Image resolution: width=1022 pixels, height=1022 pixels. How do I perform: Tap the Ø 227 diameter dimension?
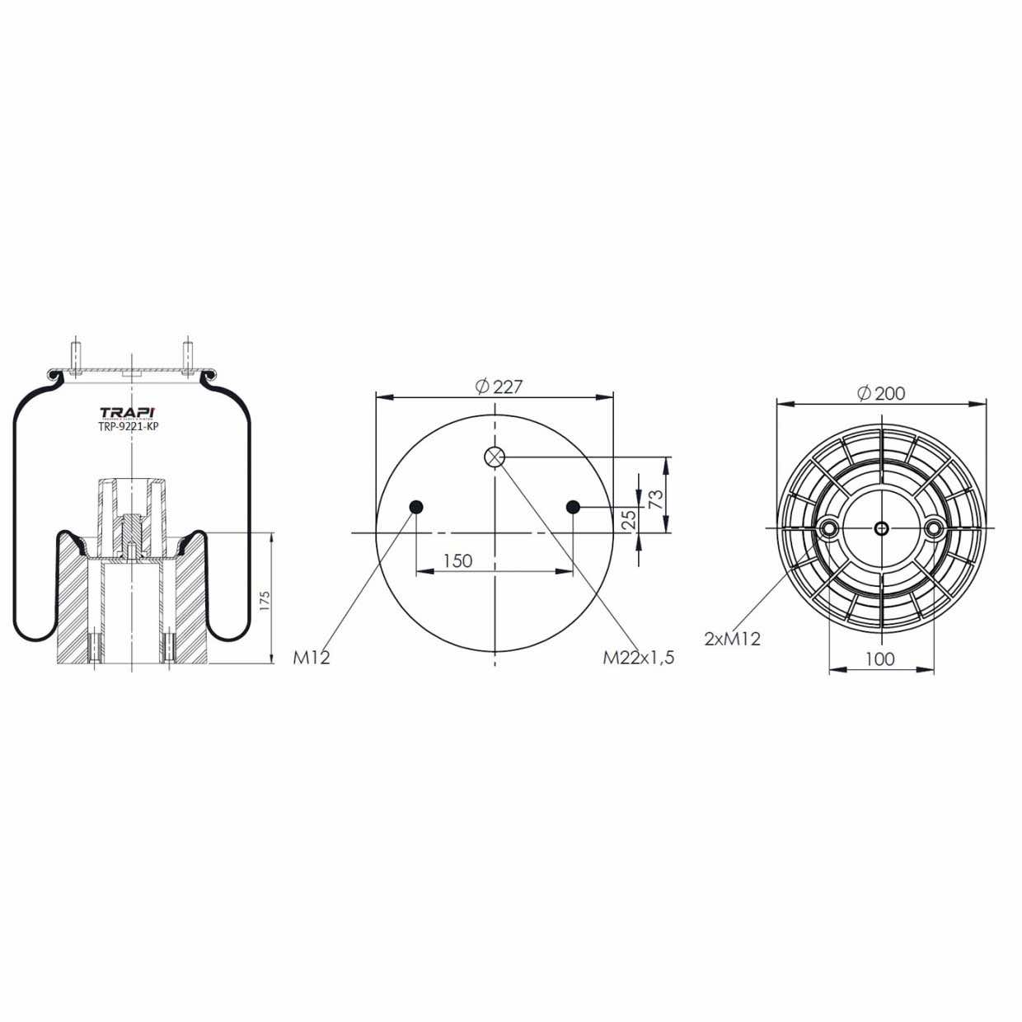pos(499,387)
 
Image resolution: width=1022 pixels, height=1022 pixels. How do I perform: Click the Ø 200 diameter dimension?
pos(881,393)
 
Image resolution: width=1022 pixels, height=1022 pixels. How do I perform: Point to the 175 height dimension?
pos(265,600)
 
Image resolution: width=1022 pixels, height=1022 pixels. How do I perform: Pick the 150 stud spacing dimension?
pos(457,560)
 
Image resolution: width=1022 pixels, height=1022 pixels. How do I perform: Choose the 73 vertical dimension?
pos(656,499)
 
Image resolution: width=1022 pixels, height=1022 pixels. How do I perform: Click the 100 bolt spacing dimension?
pos(880,659)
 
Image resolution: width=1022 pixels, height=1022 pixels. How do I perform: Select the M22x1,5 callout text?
pos(639,658)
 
